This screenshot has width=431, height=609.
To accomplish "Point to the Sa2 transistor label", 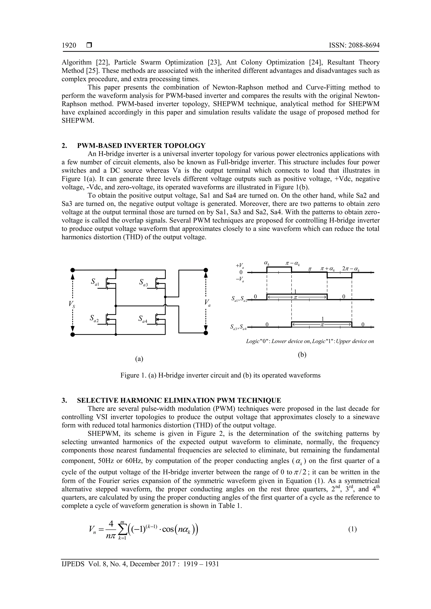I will [94, 318].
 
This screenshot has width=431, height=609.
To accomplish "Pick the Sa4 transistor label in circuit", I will [143, 319].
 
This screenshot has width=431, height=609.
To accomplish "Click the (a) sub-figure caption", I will [139, 359].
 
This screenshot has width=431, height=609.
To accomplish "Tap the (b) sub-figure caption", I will [302, 355].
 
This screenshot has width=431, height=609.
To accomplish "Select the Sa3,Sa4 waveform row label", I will [238, 328].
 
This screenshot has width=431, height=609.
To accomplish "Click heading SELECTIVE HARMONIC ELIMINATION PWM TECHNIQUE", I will [179, 400].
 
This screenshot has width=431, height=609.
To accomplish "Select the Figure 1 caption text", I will [220, 375].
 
